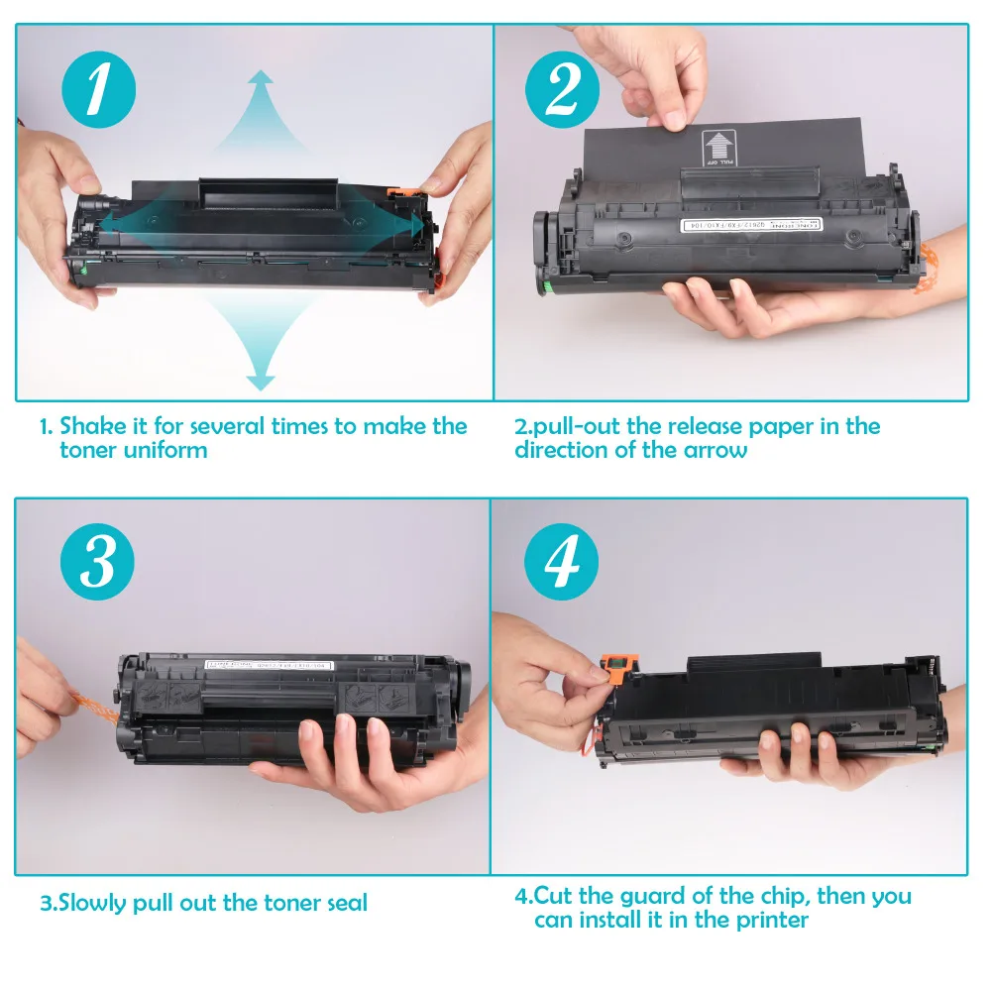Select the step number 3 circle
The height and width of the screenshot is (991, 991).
pos(97,563)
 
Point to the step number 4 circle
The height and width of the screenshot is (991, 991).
pos(562,563)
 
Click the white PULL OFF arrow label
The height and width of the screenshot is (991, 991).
pos(712,146)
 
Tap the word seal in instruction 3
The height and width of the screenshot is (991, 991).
pos(343,903)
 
